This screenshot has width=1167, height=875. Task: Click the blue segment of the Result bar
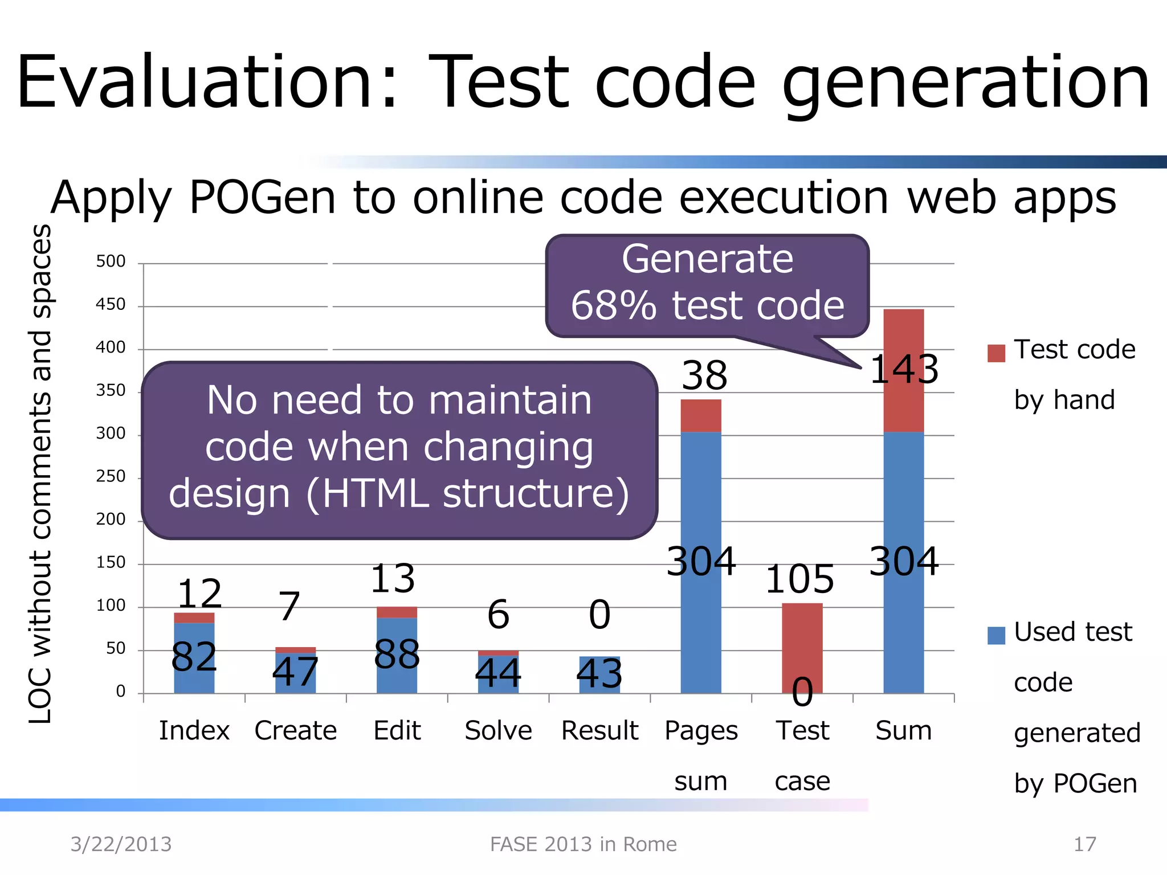coord(599,675)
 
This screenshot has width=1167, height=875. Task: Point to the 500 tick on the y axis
coord(111,261)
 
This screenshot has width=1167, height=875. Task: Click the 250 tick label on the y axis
coord(111,476)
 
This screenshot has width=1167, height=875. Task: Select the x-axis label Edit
coord(397,730)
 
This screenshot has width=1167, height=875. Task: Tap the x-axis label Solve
coord(498,730)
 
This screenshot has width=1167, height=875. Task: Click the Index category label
coord(194,730)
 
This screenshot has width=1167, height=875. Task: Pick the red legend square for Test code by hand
coord(996,353)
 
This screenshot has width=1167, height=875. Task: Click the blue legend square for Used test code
coord(996,635)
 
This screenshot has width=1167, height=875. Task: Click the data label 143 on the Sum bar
coord(904,369)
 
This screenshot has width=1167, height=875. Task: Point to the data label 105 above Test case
coord(799,579)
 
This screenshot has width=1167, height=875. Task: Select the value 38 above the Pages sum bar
coord(704,376)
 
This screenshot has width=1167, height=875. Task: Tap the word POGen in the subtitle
coord(262,198)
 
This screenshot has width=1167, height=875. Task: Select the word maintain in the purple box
coord(510,400)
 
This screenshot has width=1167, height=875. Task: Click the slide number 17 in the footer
coord(1084,844)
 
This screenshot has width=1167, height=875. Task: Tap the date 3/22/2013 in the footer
coord(121,844)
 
